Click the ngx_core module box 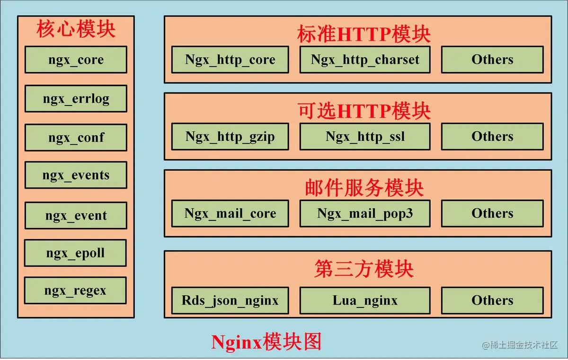(x=76, y=60)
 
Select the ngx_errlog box (x=76, y=98)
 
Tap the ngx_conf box (x=76, y=138)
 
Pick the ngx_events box (x=76, y=175)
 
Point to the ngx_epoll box (x=76, y=253)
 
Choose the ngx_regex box (x=76, y=290)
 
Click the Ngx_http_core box (x=230, y=60)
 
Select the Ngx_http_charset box (x=365, y=60)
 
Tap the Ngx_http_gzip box (x=230, y=137)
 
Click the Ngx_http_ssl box (x=365, y=137)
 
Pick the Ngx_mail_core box (x=230, y=213)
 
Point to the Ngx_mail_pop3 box (x=365, y=213)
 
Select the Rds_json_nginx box (x=230, y=300)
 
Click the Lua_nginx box (x=365, y=300)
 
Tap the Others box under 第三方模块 (x=492, y=300)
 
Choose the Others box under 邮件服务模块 (x=492, y=213)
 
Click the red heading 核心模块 (x=76, y=30)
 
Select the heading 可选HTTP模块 (x=364, y=111)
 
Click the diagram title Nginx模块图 (x=266, y=342)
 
